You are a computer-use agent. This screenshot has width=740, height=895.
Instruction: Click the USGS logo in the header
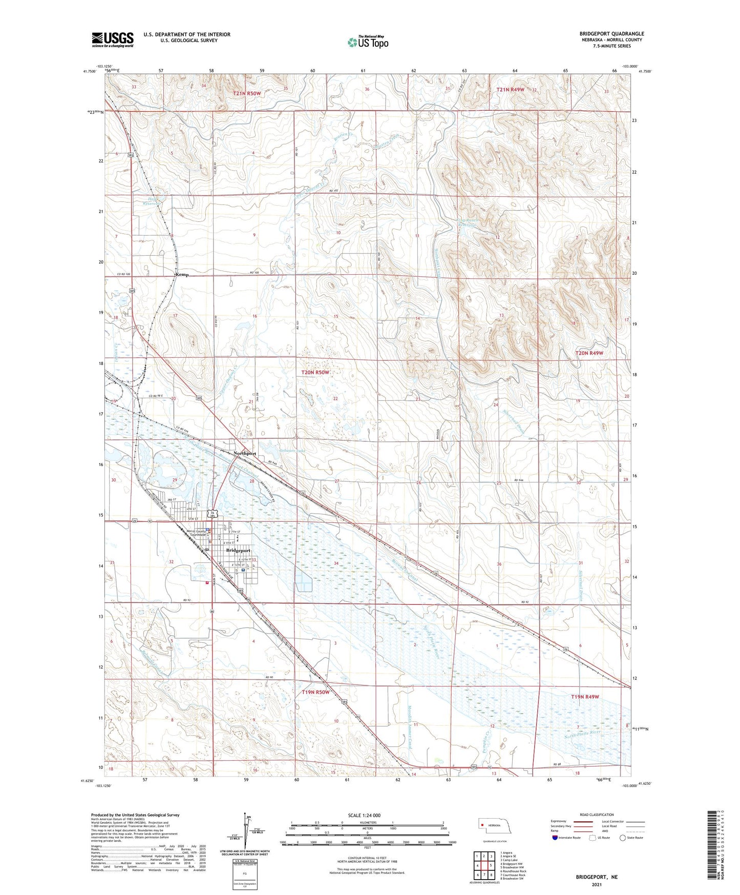coord(113,39)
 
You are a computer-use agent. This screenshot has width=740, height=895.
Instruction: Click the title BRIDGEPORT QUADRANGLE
coord(611,33)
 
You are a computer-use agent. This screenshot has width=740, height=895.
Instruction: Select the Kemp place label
coord(182,275)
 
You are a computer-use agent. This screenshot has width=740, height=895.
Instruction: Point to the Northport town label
coord(244,453)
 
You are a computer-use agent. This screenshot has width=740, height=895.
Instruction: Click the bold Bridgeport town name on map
coord(238,551)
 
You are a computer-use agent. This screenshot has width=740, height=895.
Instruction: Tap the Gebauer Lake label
coord(292,451)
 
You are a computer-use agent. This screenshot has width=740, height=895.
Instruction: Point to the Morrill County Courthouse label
coord(197,533)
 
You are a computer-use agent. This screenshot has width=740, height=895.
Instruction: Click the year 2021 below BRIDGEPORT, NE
coord(597,885)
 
